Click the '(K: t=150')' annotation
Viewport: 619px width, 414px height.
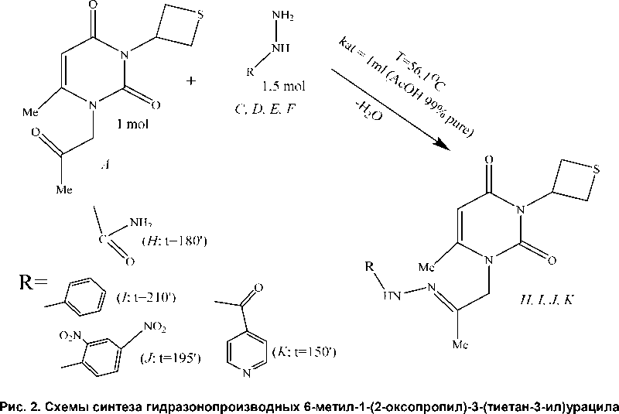pyautogui.click(x=303, y=352)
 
